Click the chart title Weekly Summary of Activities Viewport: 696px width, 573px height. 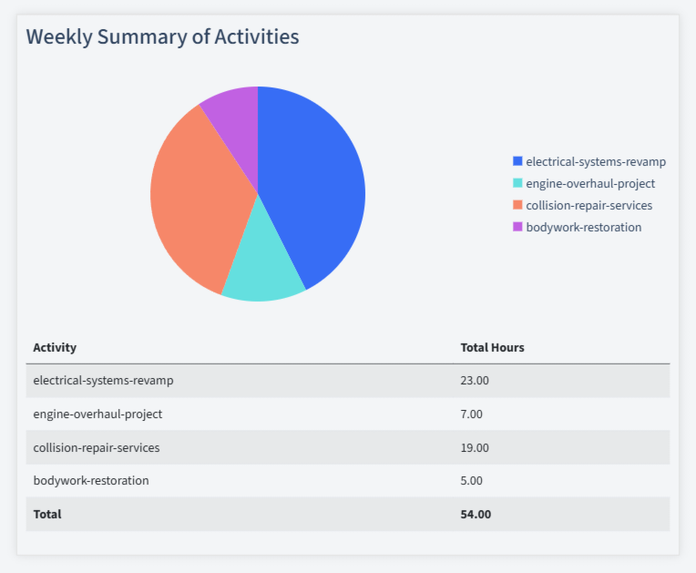pos(162,36)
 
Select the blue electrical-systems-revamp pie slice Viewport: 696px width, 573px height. pos(314,182)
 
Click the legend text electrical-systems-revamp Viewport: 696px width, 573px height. pos(596,161)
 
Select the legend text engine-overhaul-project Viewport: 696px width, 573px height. pos(590,183)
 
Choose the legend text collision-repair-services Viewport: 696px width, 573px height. pos(589,205)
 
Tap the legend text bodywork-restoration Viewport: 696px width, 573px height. pos(583,227)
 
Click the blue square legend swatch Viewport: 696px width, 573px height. pos(517,161)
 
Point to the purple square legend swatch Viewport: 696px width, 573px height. pos(517,227)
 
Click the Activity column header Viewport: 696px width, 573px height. pos(55,347)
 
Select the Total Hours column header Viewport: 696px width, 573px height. pos(492,347)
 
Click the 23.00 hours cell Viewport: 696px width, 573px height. pos(475,381)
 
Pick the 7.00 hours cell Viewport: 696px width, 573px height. pos(471,414)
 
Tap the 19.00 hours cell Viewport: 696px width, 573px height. pos(475,447)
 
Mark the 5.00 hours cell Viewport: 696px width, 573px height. pos(471,480)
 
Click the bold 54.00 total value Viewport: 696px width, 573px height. pos(476,514)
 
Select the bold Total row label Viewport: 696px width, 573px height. pos(47,514)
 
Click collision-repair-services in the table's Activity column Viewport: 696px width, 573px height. pos(96,447)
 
